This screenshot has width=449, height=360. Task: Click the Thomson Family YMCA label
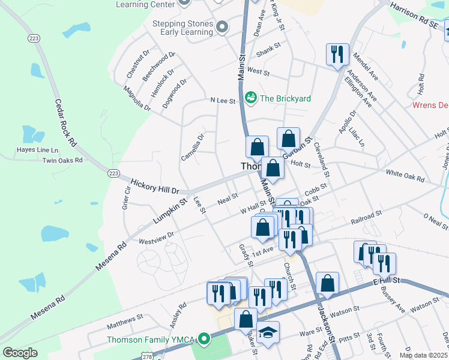(x=151, y=340)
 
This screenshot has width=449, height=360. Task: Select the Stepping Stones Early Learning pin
(x=223, y=27)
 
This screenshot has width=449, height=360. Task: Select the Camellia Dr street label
(x=193, y=147)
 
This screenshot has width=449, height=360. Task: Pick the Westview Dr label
(x=156, y=238)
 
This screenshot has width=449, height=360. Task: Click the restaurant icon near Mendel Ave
(x=337, y=54)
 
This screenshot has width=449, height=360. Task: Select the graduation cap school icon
(x=268, y=331)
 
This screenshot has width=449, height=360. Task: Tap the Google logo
(x=20, y=353)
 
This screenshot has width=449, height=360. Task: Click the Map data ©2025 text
(x=423, y=355)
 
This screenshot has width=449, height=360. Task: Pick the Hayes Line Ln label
(x=38, y=149)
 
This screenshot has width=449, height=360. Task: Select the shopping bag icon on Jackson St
(x=328, y=283)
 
